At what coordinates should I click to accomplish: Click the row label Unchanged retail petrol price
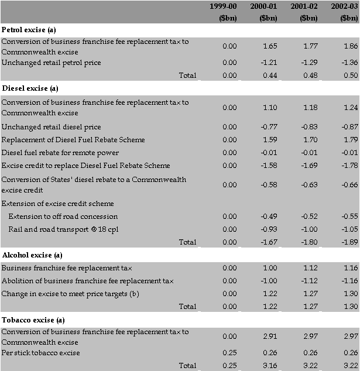click(x=51, y=63)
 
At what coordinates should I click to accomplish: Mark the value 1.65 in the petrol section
click(x=270, y=45)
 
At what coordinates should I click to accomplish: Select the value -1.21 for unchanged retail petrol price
click(x=268, y=63)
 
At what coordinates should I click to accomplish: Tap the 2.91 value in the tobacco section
click(x=270, y=336)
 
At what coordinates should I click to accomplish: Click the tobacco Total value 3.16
click(x=270, y=366)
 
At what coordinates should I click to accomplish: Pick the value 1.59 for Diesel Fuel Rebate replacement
click(x=270, y=140)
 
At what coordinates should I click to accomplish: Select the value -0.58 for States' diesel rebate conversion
click(x=268, y=184)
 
